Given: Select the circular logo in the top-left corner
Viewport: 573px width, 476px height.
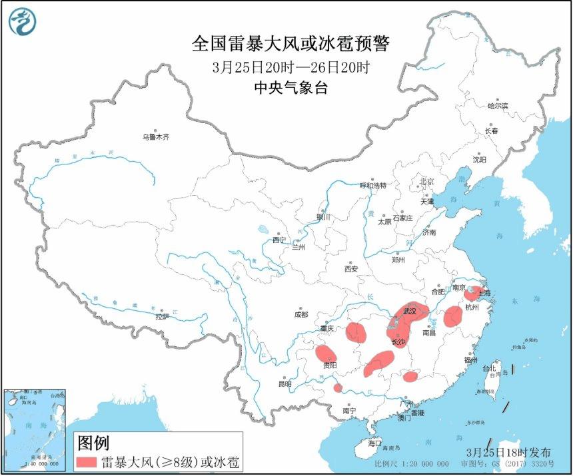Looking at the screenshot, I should click(22, 22).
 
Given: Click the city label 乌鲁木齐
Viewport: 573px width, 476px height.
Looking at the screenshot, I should click(155, 137).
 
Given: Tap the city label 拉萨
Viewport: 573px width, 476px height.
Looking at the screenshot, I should click(163, 317).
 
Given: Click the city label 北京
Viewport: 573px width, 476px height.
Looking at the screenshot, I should click(426, 181).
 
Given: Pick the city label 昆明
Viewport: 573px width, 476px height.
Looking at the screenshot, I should click(285, 384).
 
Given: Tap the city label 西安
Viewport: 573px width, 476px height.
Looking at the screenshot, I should click(351, 269).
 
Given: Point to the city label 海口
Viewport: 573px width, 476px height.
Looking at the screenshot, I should click(374, 443).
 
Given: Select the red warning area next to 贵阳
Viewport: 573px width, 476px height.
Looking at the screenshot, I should click(325, 354).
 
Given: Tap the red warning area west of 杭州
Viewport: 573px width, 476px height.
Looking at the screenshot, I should click(453, 316).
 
